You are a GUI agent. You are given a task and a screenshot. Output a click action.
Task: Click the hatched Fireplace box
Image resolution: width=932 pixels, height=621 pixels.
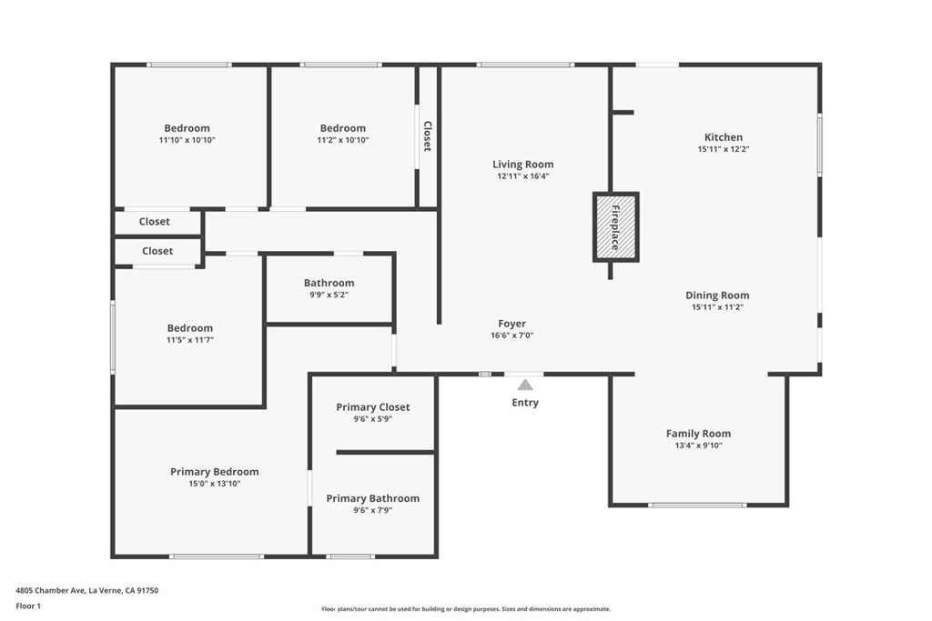tap(616, 226)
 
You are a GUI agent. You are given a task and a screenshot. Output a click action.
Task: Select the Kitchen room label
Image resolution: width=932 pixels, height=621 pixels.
tap(724, 137)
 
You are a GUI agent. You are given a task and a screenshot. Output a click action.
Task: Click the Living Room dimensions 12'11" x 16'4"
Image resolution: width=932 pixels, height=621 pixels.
tap(523, 176)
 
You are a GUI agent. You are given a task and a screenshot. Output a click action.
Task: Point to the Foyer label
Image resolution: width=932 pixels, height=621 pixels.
tap(512, 324)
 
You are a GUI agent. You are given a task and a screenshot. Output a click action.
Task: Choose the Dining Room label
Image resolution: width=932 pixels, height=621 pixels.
tap(717, 295)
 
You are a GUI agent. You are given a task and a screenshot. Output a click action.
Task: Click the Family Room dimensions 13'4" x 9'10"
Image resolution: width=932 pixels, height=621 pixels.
tap(698, 446)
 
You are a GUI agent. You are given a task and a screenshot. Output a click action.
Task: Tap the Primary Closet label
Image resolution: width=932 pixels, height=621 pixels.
tap(372, 407)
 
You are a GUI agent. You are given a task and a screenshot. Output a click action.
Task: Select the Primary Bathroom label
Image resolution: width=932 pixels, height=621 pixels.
tap(372, 498)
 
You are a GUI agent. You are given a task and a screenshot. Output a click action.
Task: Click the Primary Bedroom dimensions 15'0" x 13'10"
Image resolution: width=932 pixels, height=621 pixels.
tap(215, 484)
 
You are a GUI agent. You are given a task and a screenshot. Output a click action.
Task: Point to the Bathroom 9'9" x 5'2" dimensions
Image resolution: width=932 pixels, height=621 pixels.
tap(329, 295)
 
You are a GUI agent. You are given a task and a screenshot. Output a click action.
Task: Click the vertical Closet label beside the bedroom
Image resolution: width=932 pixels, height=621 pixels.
tap(428, 136)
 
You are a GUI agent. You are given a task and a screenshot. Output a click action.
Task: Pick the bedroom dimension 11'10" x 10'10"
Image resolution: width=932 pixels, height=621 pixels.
tap(187, 140)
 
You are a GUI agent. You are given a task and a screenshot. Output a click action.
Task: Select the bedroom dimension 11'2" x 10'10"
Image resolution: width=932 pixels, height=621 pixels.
tap(343, 140)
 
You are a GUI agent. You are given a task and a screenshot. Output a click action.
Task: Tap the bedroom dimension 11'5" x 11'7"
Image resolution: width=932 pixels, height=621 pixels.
tap(190, 340)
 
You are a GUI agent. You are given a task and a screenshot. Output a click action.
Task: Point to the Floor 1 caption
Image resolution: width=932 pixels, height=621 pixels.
tap(28, 606)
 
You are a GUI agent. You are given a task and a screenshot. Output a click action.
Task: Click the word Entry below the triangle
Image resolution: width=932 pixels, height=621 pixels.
tap(525, 403)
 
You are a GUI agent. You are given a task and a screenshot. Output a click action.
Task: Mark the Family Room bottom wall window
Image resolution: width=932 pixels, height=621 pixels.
tap(697, 506)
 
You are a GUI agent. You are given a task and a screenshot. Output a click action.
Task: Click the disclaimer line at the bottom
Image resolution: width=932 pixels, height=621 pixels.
tap(466, 608)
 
